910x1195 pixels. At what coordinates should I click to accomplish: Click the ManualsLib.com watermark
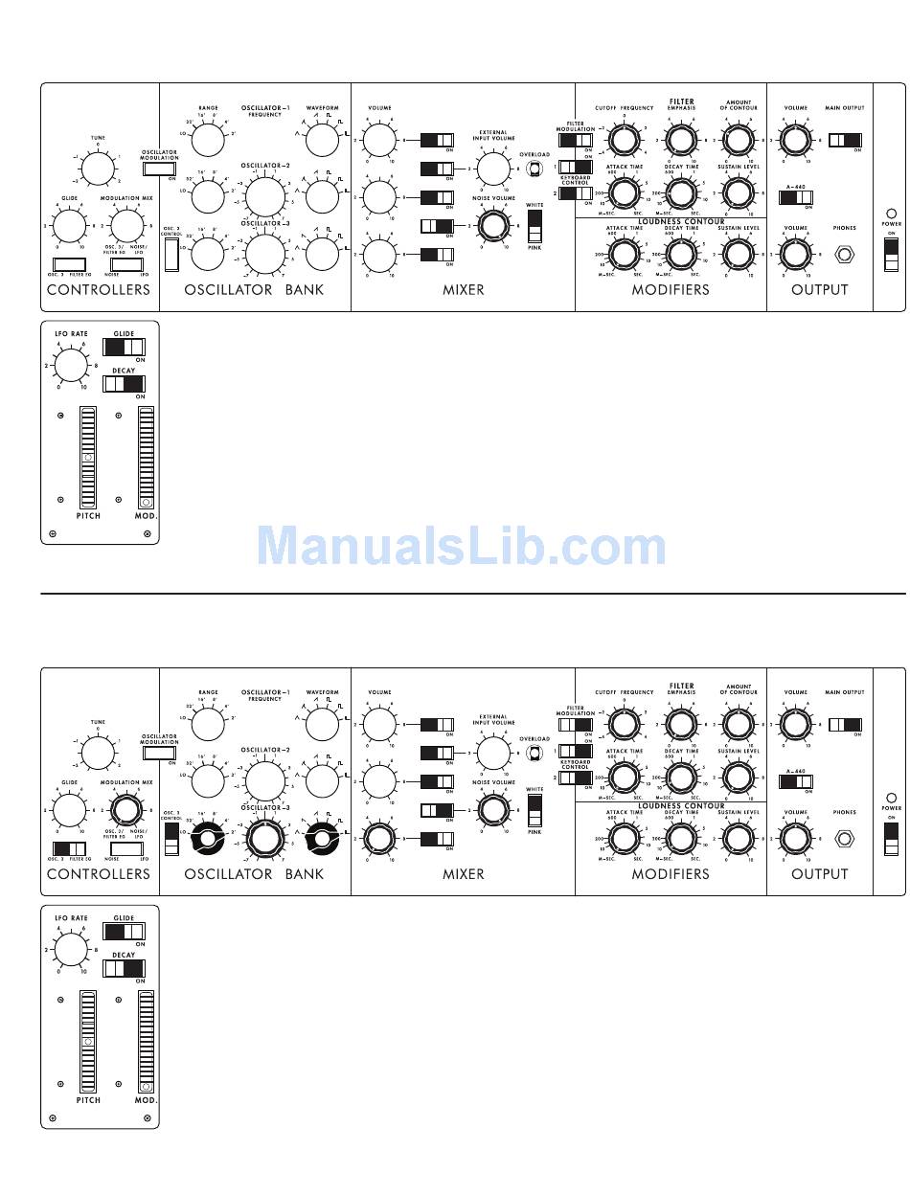point(461,547)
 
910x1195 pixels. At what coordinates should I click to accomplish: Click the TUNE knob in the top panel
point(98,169)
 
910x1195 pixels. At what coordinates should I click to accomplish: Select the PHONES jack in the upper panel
point(844,255)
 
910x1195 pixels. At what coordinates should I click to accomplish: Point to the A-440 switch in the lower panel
point(796,782)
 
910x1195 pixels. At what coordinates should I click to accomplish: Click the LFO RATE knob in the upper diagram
point(70,365)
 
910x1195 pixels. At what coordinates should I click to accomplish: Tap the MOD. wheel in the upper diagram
point(146,458)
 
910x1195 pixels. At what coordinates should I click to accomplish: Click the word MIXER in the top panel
point(463,289)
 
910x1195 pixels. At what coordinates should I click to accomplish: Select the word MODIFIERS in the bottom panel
point(671,873)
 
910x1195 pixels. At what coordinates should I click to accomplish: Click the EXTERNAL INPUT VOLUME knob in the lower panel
point(493,754)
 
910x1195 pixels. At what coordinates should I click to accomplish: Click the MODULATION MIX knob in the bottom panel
point(126,810)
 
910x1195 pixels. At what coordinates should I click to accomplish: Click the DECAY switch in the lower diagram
point(125,968)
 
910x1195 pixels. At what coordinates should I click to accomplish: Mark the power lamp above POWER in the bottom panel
point(892,798)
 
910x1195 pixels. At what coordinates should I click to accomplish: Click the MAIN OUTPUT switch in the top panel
point(845,141)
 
